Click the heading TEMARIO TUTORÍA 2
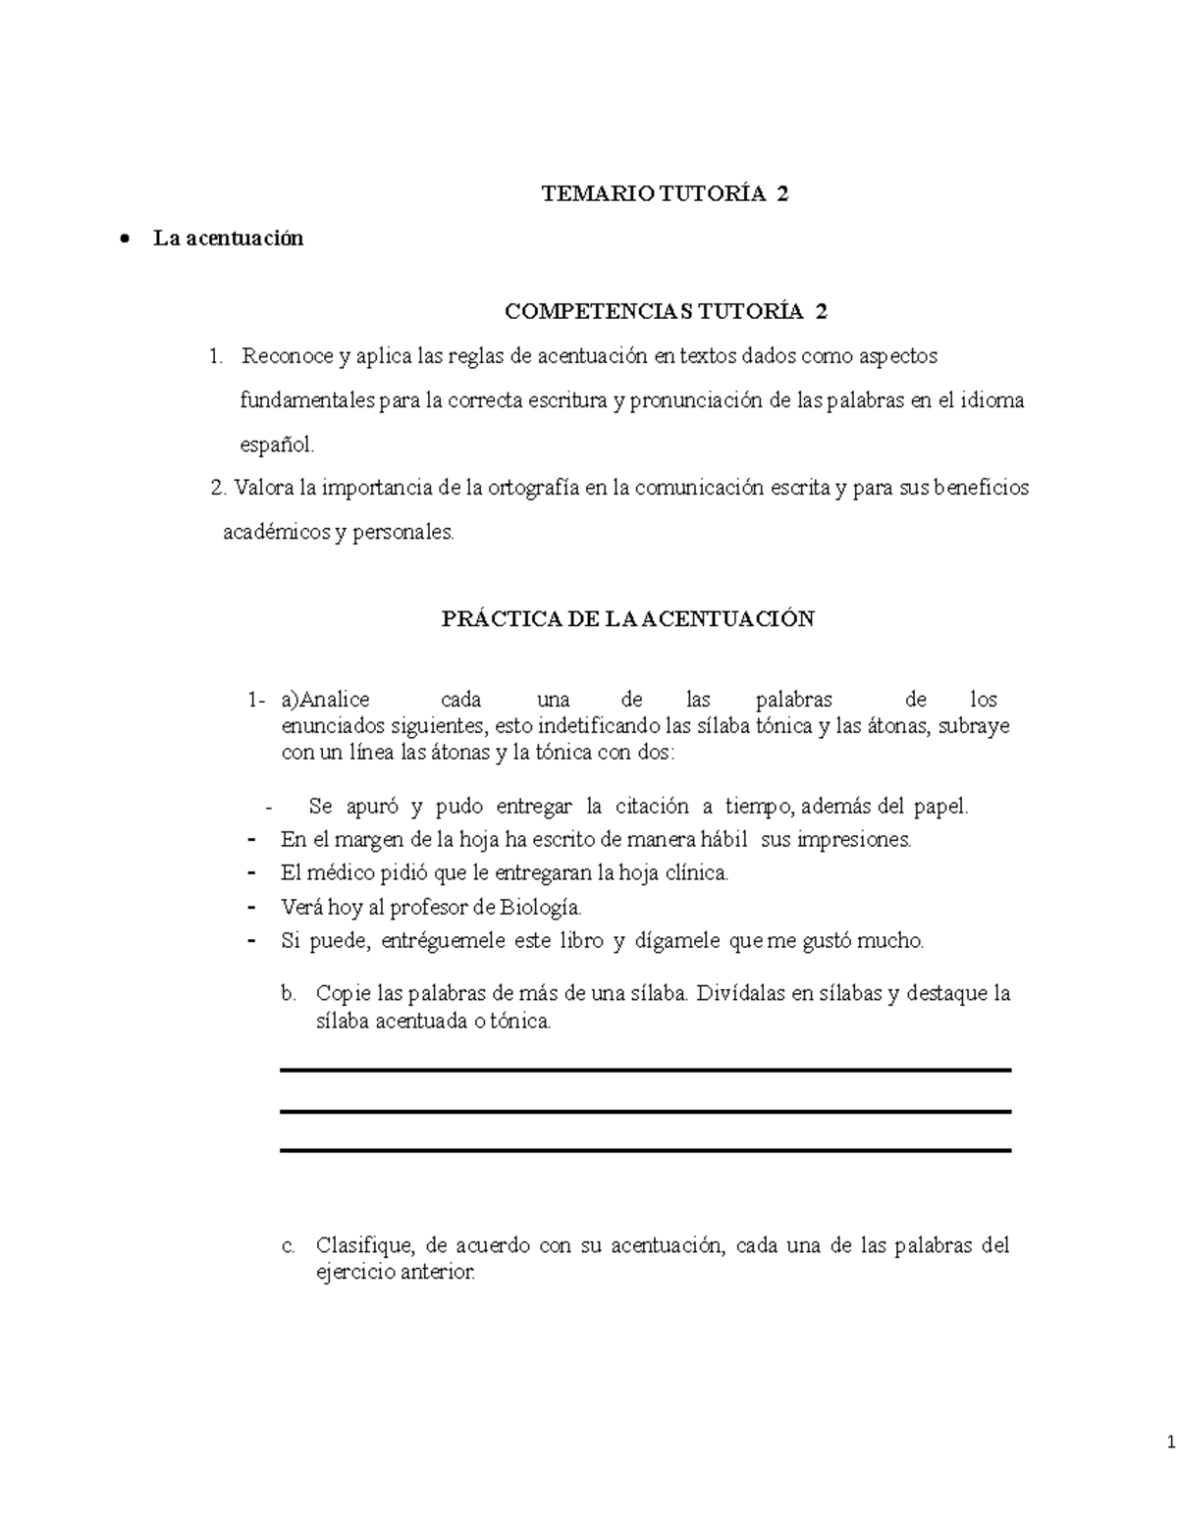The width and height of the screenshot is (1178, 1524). [x=665, y=194]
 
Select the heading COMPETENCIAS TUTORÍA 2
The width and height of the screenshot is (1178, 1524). [x=665, y=312]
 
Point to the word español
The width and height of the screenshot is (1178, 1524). [x=278, y=445]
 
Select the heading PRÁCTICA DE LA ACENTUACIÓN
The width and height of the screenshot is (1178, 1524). [x=628, y=619]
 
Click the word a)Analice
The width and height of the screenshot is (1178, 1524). [x=325, y=700]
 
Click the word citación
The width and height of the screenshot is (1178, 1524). [x=652, y=807]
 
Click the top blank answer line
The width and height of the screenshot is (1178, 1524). [x=645, y=1071]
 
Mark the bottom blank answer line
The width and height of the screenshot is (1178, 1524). [x=645, y=1150]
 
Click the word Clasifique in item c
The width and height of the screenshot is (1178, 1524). [x=366, y=1246]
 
